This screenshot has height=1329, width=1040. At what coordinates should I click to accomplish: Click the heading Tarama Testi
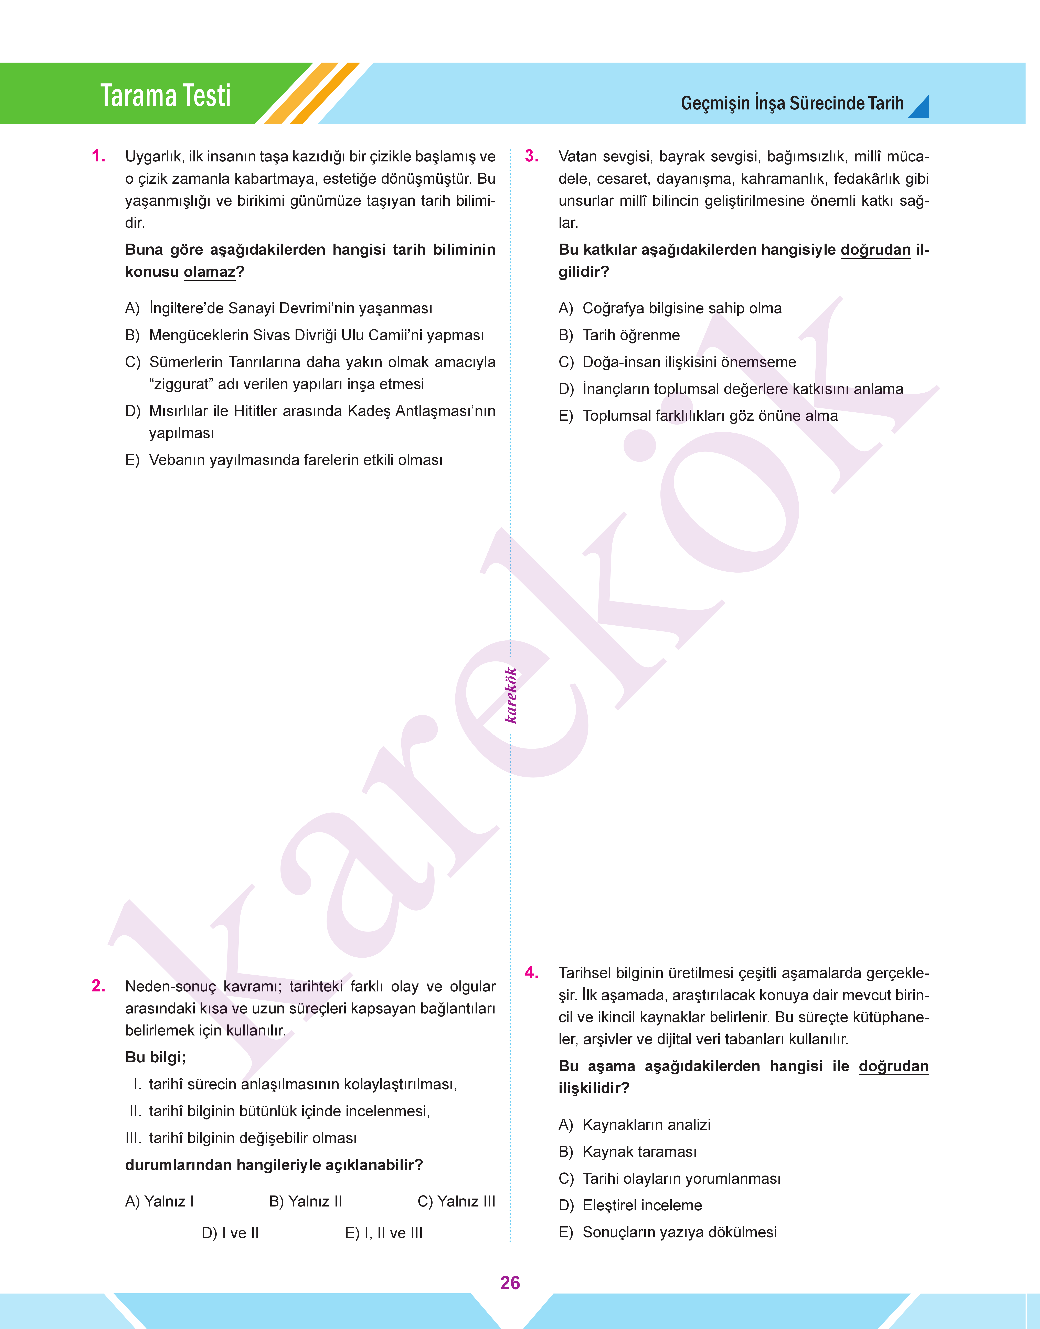(x=166, y=96)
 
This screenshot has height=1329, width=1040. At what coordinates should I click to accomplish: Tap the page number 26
(x=510, y=1283)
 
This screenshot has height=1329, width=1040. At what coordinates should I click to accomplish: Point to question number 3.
(x=532, y=157)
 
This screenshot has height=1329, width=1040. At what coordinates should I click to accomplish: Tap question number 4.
(x=532, y=972)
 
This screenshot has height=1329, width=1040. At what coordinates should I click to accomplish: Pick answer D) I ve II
(x=230, y=1233)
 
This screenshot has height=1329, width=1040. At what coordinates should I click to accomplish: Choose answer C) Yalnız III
(x=456, y=1201)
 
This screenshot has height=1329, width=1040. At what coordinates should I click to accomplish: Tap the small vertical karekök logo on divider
(x=511, y=695)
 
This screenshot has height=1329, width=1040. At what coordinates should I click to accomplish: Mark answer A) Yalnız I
(x=160, y=1201)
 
